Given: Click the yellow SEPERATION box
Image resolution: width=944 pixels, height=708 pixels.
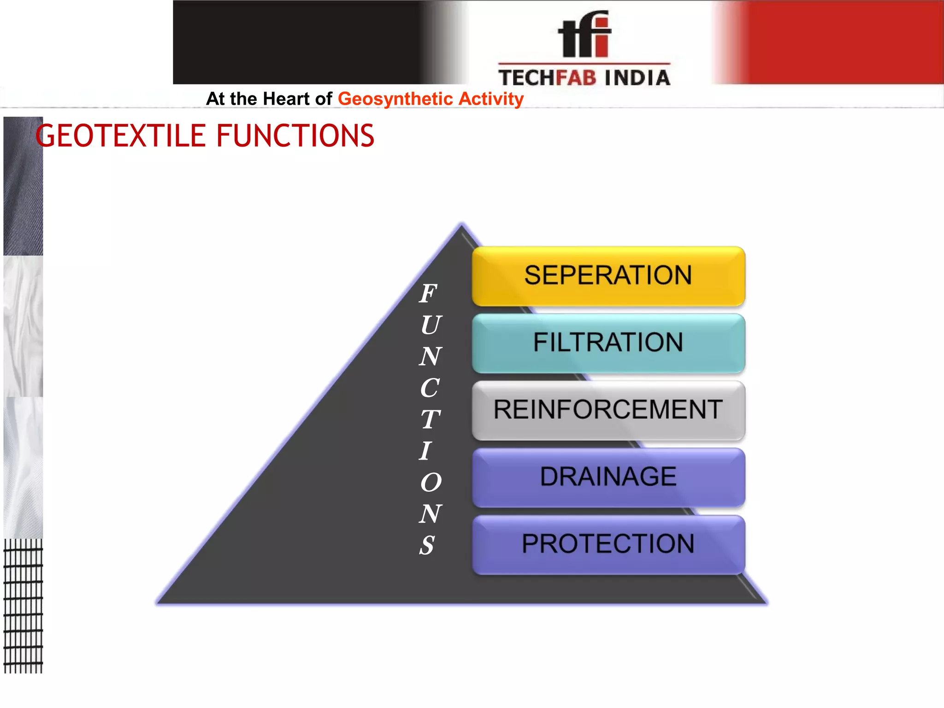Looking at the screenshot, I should pos(608,276).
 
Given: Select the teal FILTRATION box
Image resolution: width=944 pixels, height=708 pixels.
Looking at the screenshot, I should pos(608,343).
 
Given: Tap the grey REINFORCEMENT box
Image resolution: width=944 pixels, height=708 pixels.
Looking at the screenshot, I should pos(608,410).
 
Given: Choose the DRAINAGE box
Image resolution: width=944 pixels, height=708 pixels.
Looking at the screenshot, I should pos(608,477).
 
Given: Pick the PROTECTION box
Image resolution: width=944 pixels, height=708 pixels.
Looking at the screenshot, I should pos(608,544).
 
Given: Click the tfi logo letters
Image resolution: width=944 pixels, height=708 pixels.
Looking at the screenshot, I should pos(584,35).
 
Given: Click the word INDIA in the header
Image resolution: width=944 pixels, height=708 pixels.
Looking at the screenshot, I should pos(637,78).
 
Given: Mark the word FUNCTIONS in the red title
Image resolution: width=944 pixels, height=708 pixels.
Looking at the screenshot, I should pos(295,136).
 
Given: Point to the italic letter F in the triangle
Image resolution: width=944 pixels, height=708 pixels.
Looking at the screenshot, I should pos(428,294).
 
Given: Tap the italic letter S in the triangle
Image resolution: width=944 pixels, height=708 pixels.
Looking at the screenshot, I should pos(427,545).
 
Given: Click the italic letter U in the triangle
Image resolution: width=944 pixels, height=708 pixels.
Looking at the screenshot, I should pos(431,325).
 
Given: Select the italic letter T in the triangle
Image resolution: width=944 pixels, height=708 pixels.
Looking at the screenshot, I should pos(430,419).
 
